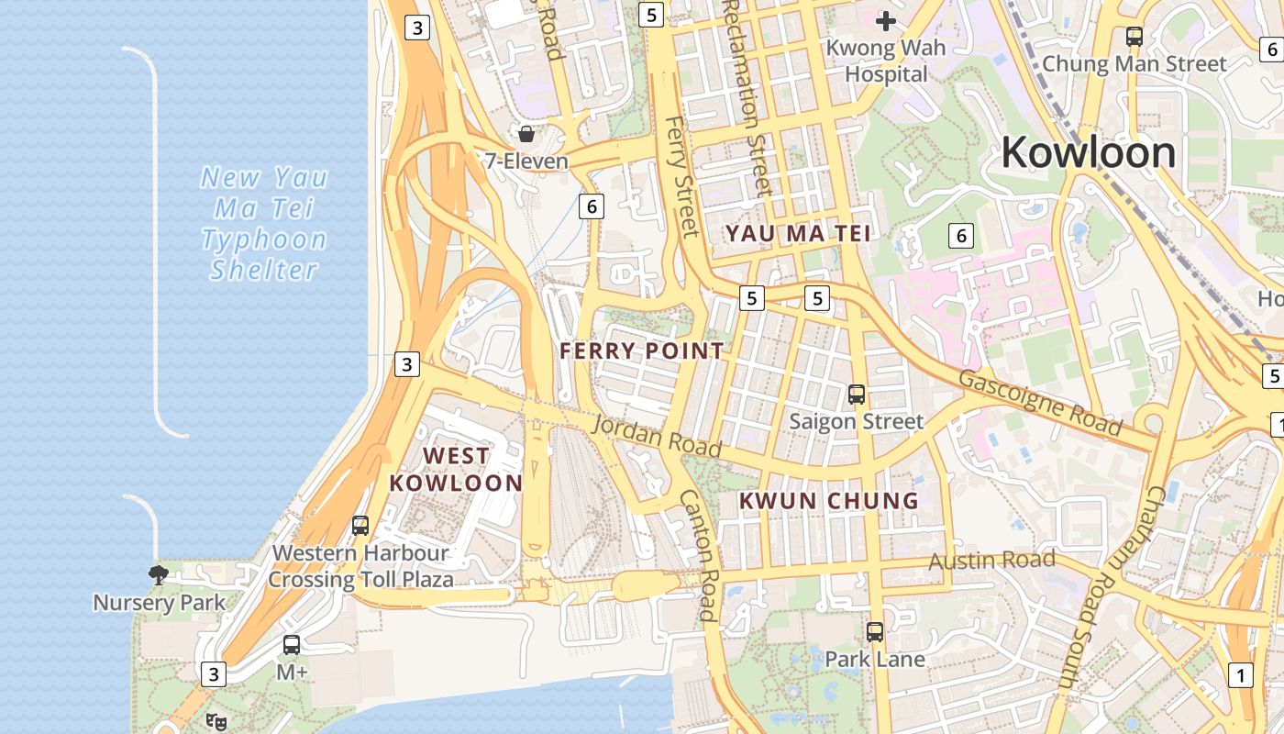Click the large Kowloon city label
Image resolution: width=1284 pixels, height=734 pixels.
click(1088, 152)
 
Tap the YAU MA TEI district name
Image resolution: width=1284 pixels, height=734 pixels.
click(798, 234)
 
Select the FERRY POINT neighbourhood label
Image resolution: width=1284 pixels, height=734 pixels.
click(642, 350)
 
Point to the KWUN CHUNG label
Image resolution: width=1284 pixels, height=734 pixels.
click(828, 500)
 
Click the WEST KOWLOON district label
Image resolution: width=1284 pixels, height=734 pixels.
click(456, 469)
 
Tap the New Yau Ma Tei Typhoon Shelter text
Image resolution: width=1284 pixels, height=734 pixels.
click(264, 224)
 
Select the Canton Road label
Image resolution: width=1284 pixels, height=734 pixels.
click(696, 554)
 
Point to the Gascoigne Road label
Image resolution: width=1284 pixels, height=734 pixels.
click(1040, 403)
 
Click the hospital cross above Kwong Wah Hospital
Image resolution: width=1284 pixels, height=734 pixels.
click(886, 20)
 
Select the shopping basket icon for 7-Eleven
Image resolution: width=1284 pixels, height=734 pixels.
click(526, 134)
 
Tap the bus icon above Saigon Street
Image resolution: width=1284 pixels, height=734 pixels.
click(857, 395)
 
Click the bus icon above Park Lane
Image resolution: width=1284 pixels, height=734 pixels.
click(875, 631)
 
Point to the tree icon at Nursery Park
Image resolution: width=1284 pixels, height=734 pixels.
click(159, 575)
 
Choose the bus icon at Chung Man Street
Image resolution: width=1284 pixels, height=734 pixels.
click(1135, 37)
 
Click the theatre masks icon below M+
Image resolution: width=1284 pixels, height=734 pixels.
click(216, 721)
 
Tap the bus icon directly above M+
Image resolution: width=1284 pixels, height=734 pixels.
click(292, 644)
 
